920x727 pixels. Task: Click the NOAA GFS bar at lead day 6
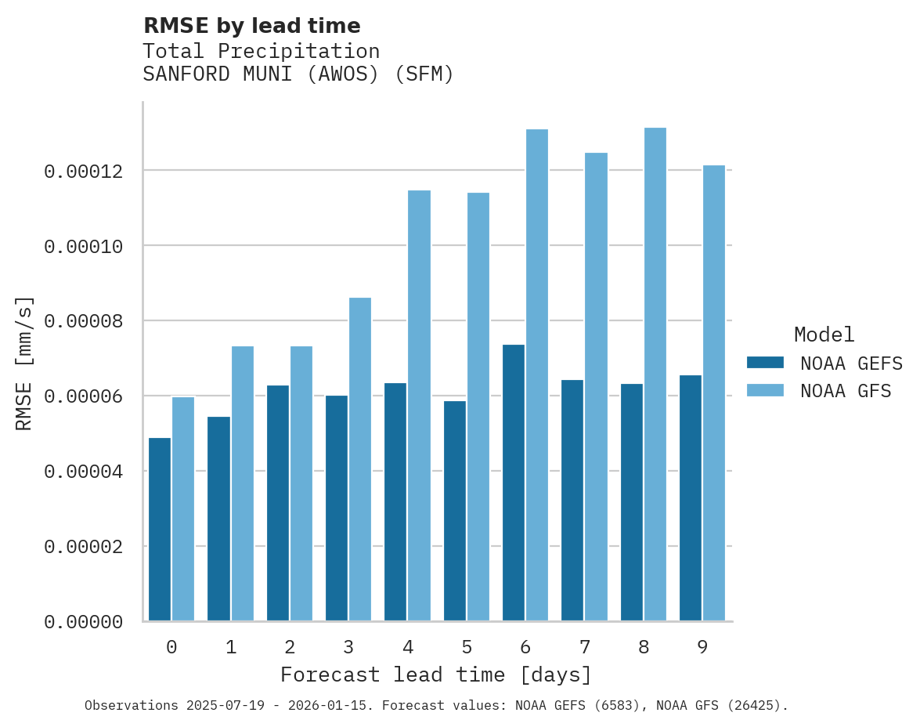pos(537,375)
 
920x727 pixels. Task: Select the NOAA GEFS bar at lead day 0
pos(160,530)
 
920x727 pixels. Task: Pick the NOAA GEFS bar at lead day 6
pos(514,483)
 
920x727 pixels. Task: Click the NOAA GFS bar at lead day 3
pos(360,459)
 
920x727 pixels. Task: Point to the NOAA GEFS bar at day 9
pos(691,498)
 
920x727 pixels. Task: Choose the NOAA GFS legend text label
pos(846,391)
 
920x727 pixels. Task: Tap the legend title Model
pos(824,335)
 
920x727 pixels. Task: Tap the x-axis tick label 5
pos(467,647)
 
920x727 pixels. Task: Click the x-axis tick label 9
pos(702,647)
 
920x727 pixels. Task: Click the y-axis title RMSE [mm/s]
pos(24,363)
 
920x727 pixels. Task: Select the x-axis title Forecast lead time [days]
pos(436,675)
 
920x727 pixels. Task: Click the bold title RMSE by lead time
pos(251,26)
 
